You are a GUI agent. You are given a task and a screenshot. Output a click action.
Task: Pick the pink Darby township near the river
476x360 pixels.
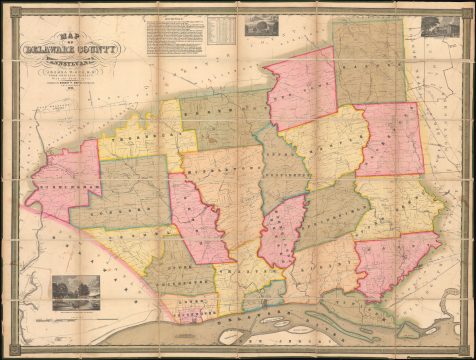(395, 265)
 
